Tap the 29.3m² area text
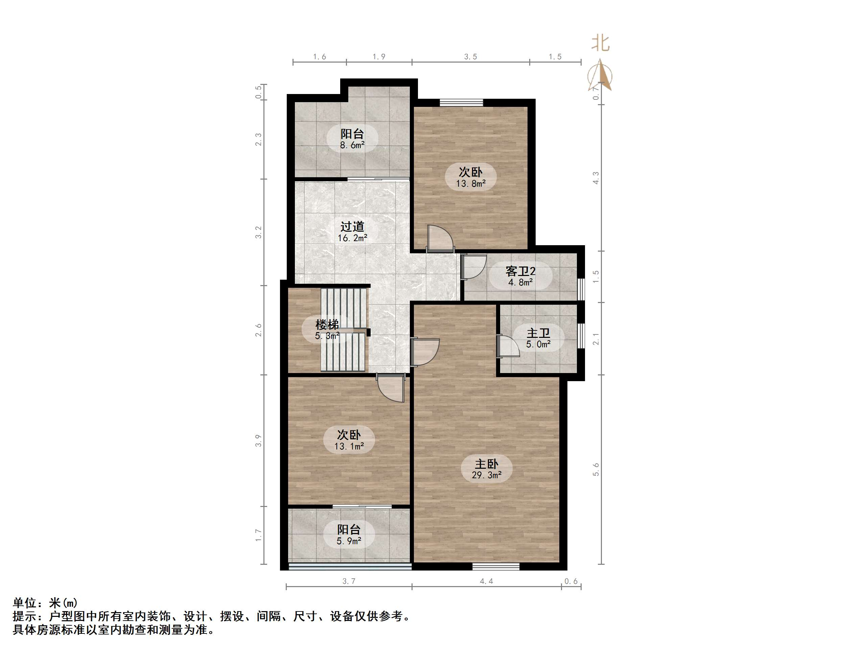click(487, 475)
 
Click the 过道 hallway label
click(352, 227)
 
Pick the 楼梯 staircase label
click(327, 324)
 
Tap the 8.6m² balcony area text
click(352, 145)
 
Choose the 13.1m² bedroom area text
click(349, 446)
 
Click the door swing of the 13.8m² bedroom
click(440, 238)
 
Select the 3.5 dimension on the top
click(470, 57)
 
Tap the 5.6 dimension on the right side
click(595, 469)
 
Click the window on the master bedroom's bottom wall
click(495, 566)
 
